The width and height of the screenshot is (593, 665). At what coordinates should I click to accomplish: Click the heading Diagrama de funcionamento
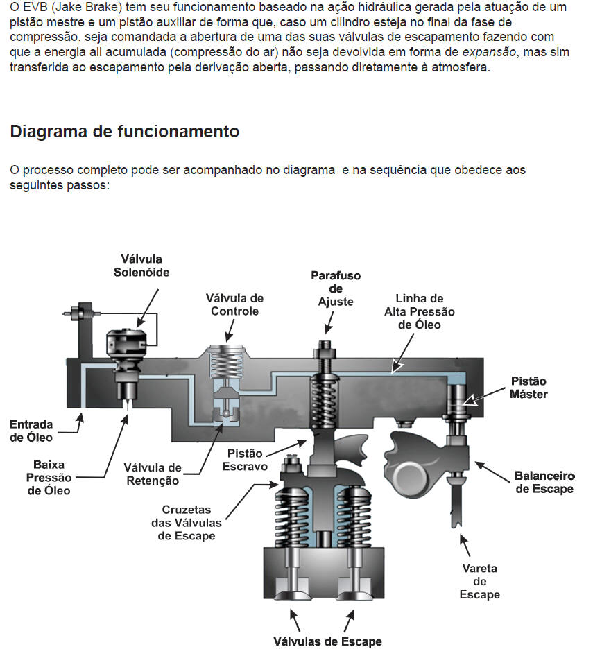[125, 131]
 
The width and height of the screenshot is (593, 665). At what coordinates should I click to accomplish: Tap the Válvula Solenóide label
[141, 266]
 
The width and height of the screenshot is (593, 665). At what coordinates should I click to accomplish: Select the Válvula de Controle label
[234, 304]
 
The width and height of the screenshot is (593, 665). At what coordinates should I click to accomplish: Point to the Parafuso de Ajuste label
[336, 288]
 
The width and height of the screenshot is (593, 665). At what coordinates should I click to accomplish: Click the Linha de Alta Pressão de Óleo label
[420, 311]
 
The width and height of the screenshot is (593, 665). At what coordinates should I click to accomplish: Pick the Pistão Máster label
[529, 388]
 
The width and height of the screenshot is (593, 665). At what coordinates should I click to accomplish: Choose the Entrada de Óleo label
[31, 430]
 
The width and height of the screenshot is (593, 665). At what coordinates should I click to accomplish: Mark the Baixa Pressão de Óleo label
[49, 477]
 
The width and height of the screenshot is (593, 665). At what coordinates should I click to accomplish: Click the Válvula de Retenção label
[153, 474]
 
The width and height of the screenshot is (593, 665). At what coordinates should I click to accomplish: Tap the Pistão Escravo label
[245, 460]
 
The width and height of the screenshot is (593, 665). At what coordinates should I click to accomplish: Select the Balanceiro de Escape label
[544, 482]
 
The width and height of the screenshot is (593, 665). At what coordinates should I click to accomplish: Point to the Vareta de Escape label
[480, 581]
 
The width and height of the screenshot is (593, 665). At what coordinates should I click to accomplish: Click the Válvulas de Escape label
[327, 641]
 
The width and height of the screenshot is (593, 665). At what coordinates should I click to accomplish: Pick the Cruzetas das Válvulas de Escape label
[187, 523]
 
